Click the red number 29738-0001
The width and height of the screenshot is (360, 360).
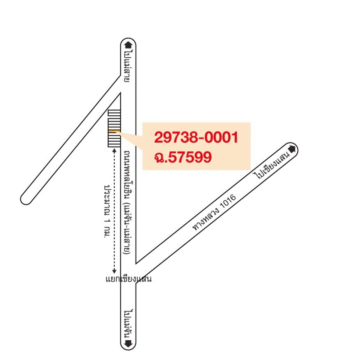coord(196,137)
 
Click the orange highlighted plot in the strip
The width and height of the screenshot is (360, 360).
coord(114,132)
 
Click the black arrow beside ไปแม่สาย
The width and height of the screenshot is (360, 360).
coord(128,45)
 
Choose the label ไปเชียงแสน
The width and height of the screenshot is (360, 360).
coord(272,166)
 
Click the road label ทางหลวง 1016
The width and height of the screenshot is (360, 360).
coord(214,212)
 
